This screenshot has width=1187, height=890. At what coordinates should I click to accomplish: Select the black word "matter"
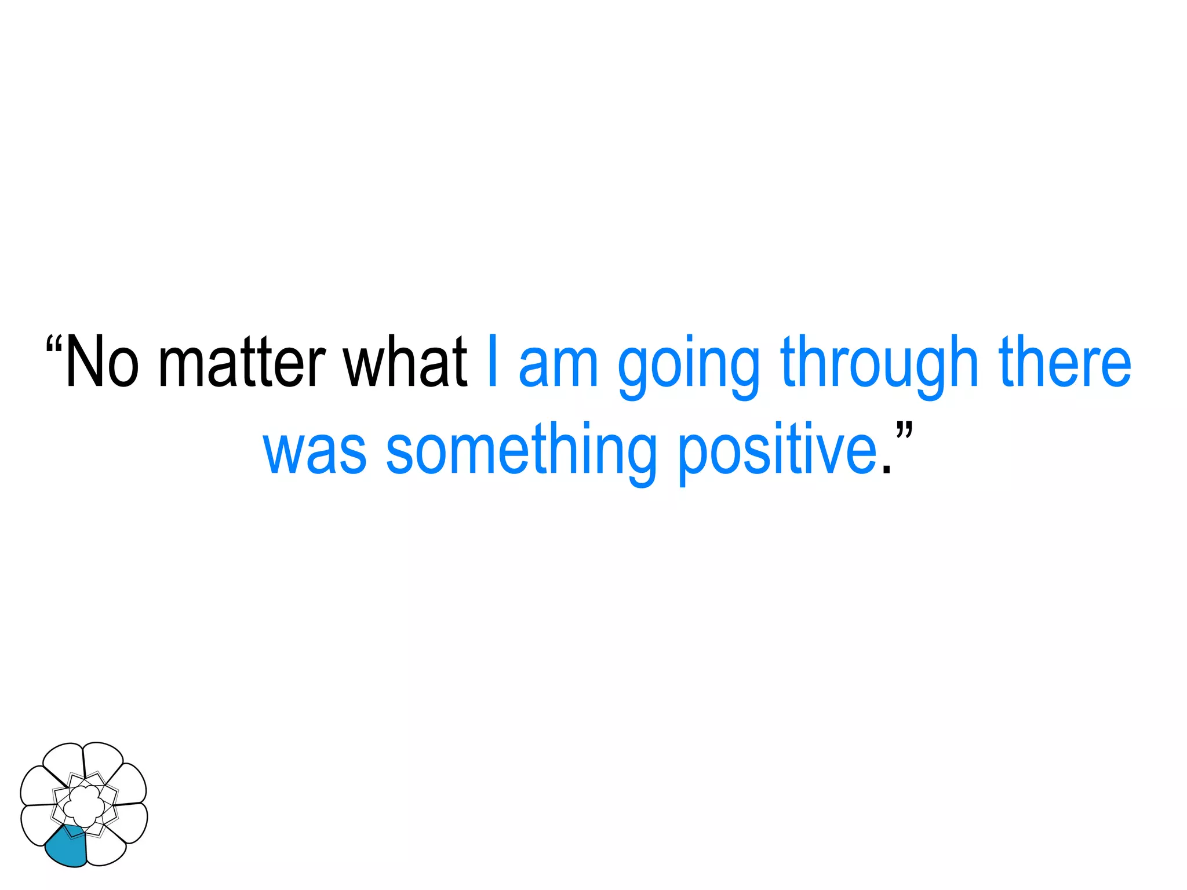click(242, 362)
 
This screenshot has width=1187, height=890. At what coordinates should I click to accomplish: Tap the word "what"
click(405, 362)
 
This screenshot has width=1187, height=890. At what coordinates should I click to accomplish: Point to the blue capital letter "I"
click(493, 360)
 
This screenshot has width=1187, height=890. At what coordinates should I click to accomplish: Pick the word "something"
click(521, 452)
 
